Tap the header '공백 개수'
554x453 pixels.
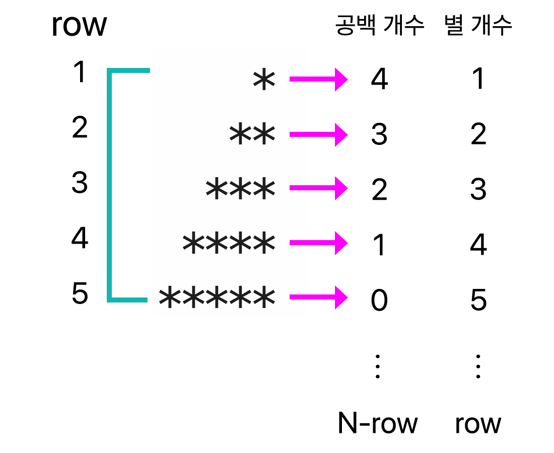(380, 26)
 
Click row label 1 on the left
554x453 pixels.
(80, 73)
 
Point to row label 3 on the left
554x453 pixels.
(80, 183)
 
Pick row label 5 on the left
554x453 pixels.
(80, 294)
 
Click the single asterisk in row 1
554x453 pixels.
(264, 81)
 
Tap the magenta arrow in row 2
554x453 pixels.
(318, 135)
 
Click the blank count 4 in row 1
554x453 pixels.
(379, 80)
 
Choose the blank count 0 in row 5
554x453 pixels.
(379, 300)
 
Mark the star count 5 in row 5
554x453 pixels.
(478, 300)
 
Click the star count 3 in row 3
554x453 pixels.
(478, 190)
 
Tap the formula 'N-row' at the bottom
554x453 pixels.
(378, 424)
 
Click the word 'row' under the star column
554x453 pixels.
(478, 424)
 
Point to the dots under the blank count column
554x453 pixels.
(378, 366)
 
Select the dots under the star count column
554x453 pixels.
(478, 366)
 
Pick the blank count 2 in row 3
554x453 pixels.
(379, 190)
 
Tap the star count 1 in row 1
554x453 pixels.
(478, 80)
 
